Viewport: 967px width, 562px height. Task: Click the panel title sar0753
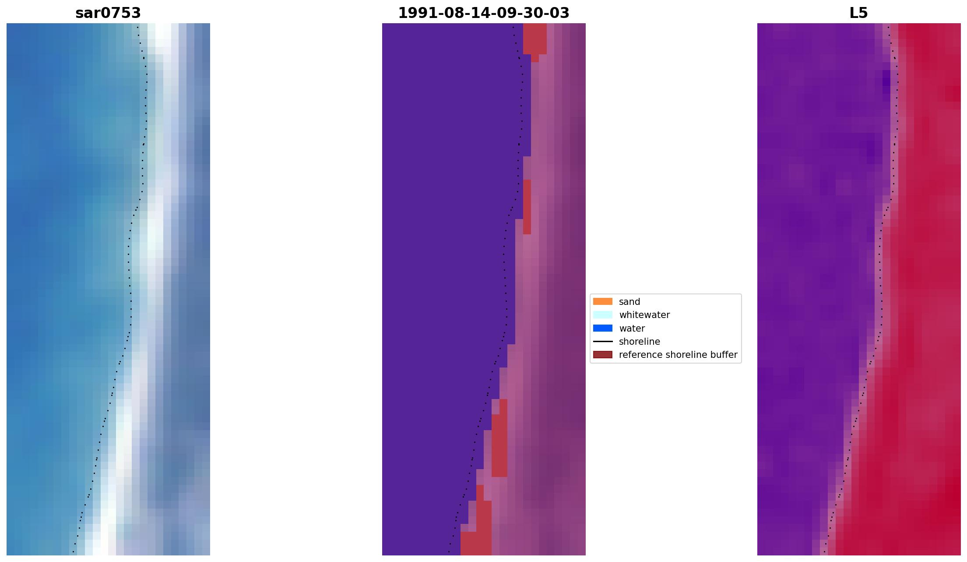click(x=108, y=13)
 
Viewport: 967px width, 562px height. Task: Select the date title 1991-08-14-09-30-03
click(x=483, y=13)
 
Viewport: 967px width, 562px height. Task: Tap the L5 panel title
click(x=858, y=13)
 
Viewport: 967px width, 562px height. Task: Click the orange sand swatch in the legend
click(x=602, y=301)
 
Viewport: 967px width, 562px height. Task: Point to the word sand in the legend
click(x=629, y=302)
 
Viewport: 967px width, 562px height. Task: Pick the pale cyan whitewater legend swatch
click(x=602, y=315)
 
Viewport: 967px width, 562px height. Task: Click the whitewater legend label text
click(x=644, y=315)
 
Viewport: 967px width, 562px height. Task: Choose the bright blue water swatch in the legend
click(x=602, y=328)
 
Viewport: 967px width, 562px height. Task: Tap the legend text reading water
click(x=632, y=329)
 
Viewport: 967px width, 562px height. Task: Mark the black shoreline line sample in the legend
click(x=602, y=341)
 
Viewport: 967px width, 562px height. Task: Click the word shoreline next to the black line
click(x=639, y=342)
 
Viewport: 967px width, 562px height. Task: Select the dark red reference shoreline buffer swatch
click(x=602, y=354)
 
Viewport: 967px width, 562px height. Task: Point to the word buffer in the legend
click(x=724, y=355)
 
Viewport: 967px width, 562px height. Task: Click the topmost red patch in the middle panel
click(x=535, y=39)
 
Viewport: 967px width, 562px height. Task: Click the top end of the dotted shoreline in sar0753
click(x=137, y=27)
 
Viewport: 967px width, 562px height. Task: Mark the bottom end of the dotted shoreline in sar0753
click(x=73, y=551)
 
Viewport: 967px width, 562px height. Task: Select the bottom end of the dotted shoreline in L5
click(x=824, y=551)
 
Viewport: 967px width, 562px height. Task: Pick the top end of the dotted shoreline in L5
click(x=889, y=27)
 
